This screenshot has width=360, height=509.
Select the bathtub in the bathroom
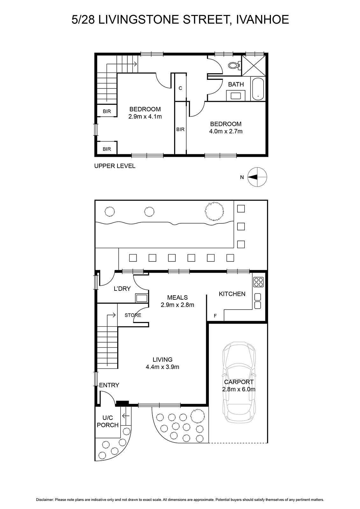258,89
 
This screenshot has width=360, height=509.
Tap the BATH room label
236,84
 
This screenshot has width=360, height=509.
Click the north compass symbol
257,177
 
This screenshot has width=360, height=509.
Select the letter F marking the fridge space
215,316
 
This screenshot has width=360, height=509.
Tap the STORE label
133,315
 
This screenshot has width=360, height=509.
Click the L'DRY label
122,289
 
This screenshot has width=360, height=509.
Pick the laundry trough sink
141,298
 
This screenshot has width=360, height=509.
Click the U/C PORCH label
108,421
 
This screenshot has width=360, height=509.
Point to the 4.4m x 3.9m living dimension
162,367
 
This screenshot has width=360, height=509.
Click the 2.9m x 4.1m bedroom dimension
145,116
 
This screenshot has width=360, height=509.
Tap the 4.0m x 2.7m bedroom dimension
226,131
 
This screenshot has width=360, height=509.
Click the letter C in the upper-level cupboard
180,88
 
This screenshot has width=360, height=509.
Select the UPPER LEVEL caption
115,166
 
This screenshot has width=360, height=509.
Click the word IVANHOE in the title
263,19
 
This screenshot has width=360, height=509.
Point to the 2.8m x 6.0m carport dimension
239,389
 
